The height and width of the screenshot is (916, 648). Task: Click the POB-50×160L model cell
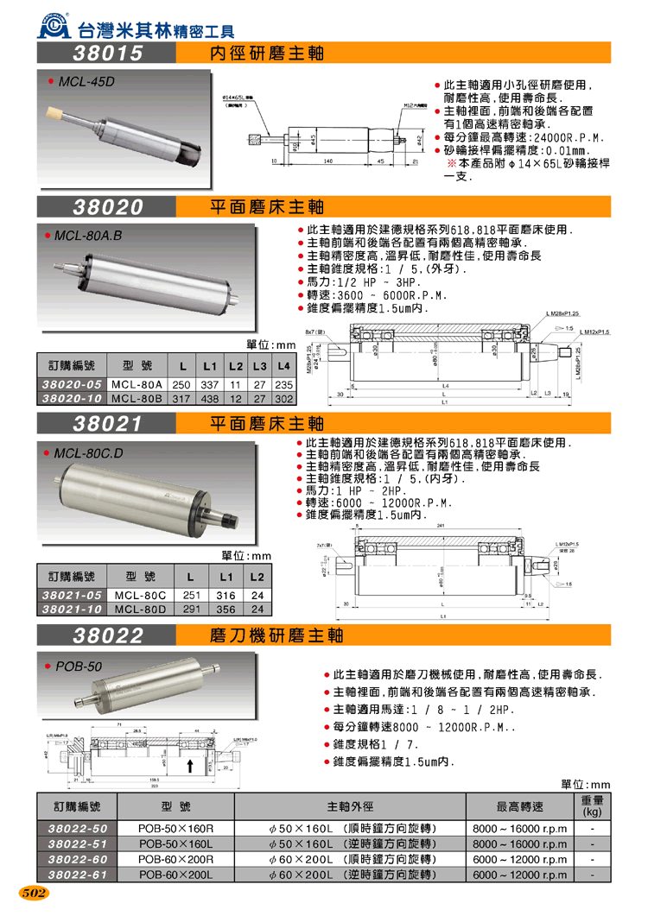(176, 843)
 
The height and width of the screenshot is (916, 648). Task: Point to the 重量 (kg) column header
(592, 807)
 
